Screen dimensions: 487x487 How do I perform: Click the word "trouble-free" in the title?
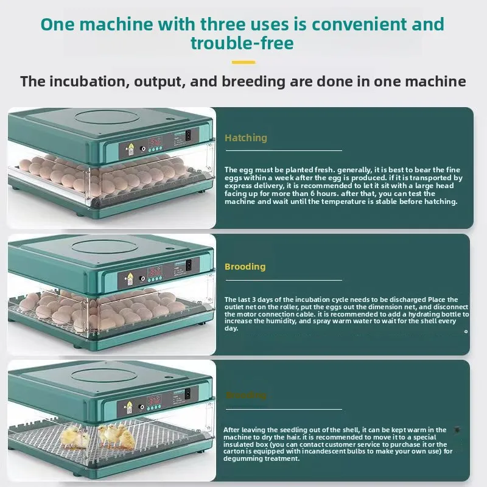[x=242, y=44]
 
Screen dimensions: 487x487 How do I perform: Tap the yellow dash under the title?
[x=243, y=62]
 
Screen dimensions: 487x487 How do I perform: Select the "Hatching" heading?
[x=246, y=138]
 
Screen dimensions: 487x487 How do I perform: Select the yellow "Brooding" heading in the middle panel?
[x=245, y=267]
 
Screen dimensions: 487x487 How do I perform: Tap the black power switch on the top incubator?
[x=187, y=135]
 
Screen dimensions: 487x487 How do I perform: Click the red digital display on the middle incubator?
[x=156, y=271]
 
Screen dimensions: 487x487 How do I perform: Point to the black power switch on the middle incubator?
[x=188, y=265]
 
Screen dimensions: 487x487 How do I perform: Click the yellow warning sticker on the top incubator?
[x=128, y=149]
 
